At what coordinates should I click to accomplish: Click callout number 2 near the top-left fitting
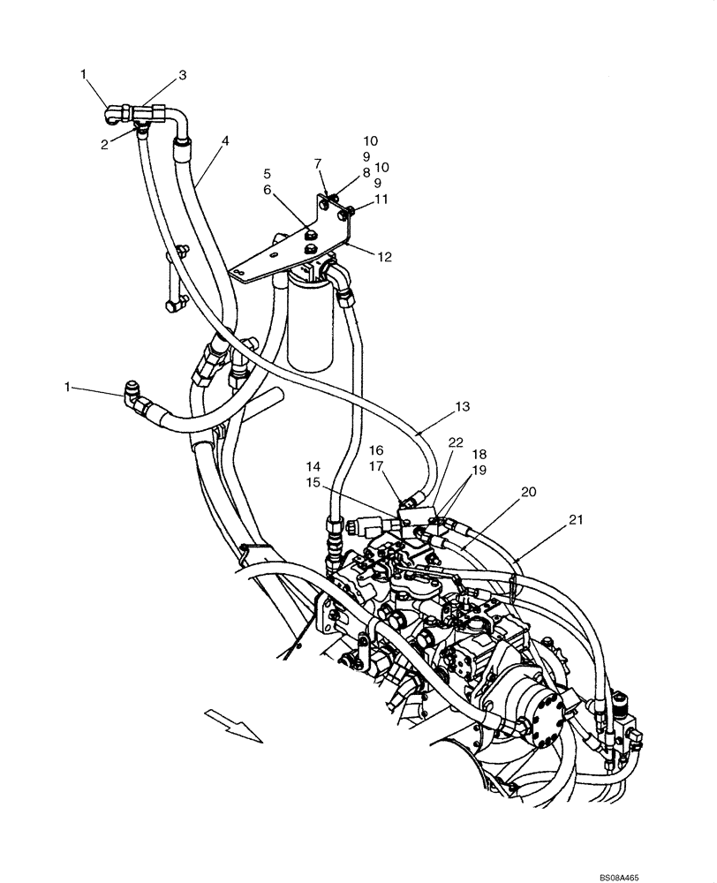pyautogui.click(x=105, y=144)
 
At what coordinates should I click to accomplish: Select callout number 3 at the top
pyautogui.click(x=182, y=76)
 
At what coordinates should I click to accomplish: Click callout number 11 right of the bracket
pyautogui.click(x=381, y=200)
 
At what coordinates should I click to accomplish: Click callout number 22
pyautogui.click(x=455, y=441)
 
